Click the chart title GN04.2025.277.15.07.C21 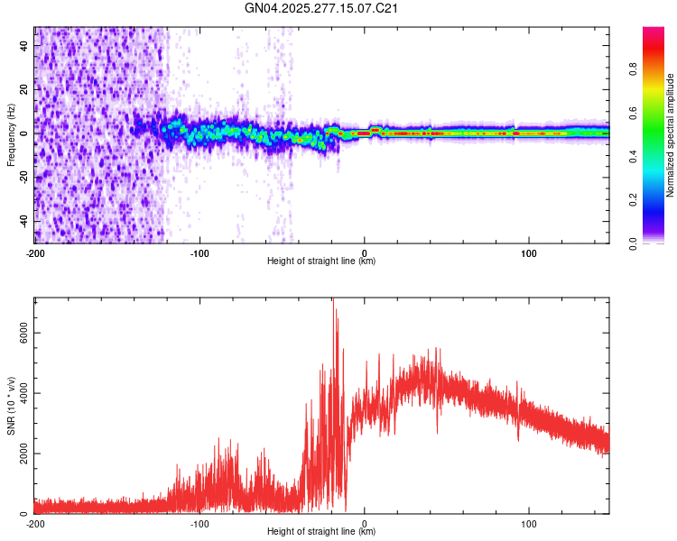coord(321,8)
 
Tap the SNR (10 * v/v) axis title coord(11,406)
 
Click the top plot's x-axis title coord(321,261)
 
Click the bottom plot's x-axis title coord(321,532)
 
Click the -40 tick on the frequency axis coord(23,221)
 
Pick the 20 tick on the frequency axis coord(24,89)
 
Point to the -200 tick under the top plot coord(35,252)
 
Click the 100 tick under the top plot coord(529,252)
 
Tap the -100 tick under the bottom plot coord(199,522)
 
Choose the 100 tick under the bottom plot coord(529,522)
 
